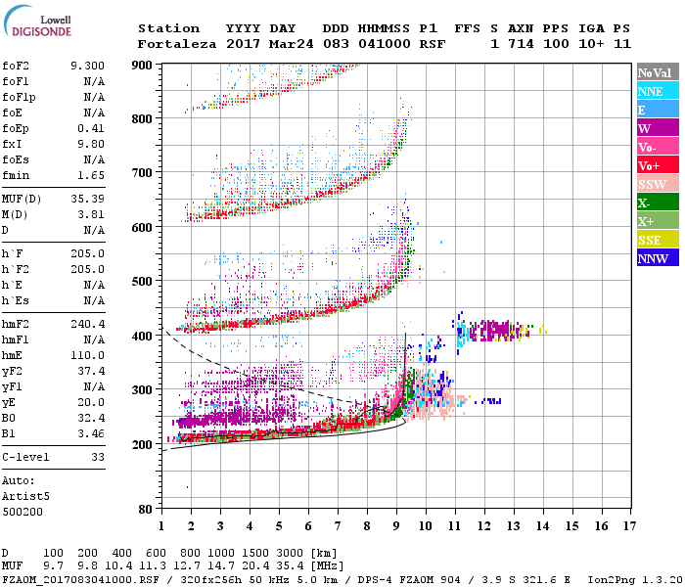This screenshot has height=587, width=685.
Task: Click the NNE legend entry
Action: pos(655,91)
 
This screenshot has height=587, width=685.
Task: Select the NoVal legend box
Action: pos(655,72)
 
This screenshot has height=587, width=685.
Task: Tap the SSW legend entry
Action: pos(655,184)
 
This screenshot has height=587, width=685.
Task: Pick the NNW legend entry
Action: pos(655,258)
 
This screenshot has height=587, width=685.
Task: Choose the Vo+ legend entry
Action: pos(655,165)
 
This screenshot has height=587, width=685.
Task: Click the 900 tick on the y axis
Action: pos(142,65)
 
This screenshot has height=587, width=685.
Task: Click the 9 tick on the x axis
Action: pos(396,525)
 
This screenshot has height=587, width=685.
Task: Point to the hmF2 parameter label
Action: pos(17,323)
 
